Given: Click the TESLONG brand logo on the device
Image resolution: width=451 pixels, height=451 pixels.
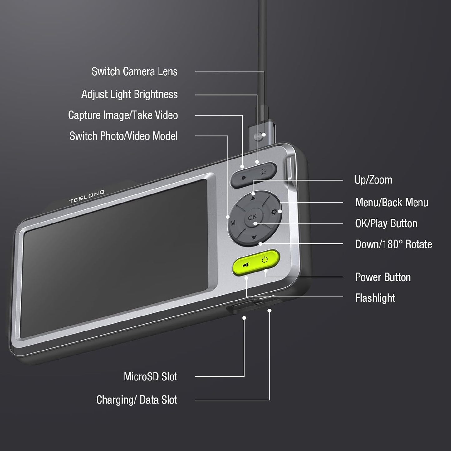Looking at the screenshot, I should tap(87, 197).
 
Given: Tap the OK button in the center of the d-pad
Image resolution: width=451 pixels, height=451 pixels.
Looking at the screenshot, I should tap(252, 217).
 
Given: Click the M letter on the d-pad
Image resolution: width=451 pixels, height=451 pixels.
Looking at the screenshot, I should tap(233, 223).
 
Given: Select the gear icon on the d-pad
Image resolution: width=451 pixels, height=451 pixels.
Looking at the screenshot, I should tap(274, 212).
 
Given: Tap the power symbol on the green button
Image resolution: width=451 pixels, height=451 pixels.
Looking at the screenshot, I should tap(265, 259).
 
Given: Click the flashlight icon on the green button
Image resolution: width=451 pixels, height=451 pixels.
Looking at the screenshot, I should tap(246, 265).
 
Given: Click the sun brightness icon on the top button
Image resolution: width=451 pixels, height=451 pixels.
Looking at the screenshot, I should tap(263, 172).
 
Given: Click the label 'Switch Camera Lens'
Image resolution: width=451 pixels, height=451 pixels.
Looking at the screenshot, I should tap(135, 71).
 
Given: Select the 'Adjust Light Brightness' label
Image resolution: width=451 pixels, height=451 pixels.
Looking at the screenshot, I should tap(130, 94).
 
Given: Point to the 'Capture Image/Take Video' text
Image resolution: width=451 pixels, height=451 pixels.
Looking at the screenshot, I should tap(123, 115).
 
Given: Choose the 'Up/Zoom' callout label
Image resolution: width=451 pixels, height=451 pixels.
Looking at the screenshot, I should tap(373, 180).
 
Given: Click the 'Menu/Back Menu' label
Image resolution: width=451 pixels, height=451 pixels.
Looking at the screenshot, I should tap(392, 203).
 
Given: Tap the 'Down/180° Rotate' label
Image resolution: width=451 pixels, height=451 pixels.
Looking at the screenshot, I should tap(394, 244).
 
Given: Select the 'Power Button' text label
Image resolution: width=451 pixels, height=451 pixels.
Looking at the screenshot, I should tap(383, 277).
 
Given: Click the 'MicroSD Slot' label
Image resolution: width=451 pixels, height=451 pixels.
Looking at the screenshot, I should tap(150, 376).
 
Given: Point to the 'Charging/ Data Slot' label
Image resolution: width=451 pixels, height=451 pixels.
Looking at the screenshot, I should tap(137, 400).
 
